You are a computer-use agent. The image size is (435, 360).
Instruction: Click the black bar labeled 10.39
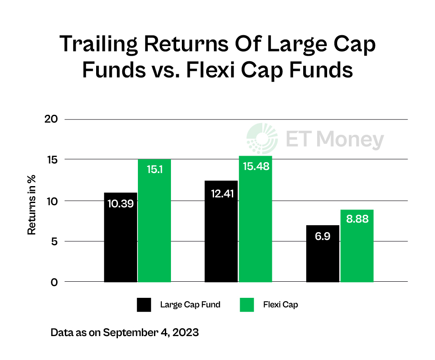tap(120, 237)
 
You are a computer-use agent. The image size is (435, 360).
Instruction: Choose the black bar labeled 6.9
tap(323, 253)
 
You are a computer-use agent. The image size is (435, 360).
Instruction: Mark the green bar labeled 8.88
tap(357, 246)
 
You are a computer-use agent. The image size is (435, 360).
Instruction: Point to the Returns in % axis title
tap(32, 204)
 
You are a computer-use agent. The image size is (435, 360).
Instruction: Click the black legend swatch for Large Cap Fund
tap(144, 305)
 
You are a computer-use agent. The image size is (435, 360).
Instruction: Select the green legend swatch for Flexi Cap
tap(247, 305)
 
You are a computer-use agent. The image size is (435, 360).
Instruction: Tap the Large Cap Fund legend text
tap(190, 305)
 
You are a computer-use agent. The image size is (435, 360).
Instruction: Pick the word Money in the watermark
tap(350, 140)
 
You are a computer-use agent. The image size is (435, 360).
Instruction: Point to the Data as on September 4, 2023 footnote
tap(125, 333)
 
